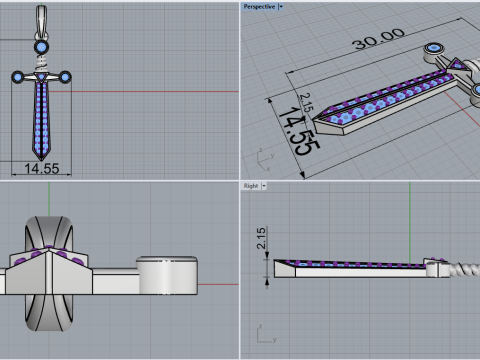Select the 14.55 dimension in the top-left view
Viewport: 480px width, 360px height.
point(42,168)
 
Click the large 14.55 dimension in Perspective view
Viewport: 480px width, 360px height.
point(298,132)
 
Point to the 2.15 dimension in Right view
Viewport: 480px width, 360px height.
point(261,238)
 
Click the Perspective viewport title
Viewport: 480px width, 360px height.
point(259,7)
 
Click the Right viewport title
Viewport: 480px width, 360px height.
point(251,186)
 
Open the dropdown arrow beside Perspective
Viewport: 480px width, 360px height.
point(281,7)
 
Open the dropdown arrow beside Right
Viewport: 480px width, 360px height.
point(264,186)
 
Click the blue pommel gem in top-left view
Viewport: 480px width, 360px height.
point(41,47)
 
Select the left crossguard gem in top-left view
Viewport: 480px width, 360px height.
point(18,77)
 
